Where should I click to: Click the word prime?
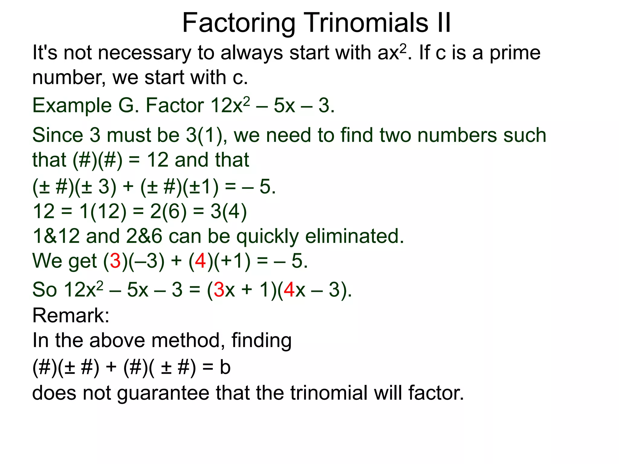tap(515, 53)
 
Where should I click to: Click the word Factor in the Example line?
tap(175, 106)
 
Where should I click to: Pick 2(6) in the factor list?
tap(168, 211)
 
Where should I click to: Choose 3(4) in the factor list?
tap(229, 211)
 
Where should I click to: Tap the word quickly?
tap(267, 237)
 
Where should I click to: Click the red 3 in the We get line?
tap(115, 261)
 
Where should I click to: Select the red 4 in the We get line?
tap(200, 261)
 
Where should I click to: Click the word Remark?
tap(71, 315)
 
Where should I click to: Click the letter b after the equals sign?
tap(225, 367)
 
